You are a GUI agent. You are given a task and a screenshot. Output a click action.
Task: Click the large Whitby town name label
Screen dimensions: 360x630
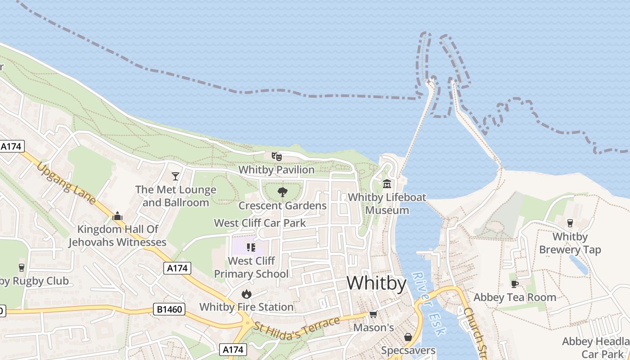click(x=376, y=283)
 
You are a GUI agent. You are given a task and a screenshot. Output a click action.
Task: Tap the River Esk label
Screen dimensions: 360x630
click(x=429, y=304)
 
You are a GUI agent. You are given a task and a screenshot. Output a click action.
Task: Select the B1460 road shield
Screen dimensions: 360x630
click(x=170, y=309)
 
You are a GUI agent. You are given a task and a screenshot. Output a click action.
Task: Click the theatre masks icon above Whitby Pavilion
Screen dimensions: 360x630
click(x=276, y=157)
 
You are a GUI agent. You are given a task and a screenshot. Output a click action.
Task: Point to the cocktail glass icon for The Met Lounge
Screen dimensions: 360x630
click(x=175, y=176)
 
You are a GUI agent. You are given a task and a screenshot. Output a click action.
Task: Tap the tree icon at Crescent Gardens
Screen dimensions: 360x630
click(x=283, y=193)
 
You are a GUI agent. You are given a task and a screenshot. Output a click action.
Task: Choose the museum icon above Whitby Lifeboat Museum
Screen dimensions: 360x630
click(x=387, y=184)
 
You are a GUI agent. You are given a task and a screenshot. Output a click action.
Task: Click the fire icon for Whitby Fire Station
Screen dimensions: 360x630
click(x=246, y=294)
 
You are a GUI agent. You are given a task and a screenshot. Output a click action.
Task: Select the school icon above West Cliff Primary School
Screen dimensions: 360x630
click(x=251, y=247)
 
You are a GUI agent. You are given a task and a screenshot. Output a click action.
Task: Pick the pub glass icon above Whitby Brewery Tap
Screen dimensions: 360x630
click(x=570, y=223)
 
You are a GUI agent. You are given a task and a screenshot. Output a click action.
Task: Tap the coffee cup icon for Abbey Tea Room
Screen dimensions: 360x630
click(x=514, y=284)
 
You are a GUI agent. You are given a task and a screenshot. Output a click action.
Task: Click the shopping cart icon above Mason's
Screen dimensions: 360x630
click(x=373, y=314)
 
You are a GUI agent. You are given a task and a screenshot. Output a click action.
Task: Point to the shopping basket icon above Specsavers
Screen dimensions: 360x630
click(x=408, y=337)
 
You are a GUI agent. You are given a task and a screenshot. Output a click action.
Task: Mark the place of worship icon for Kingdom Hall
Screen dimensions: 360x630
click(x=117, y=216)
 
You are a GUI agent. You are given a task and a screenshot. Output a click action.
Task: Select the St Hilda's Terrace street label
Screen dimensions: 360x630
click(x=297, y=325)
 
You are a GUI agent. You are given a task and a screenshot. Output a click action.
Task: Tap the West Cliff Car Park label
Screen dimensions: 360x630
click(x=260, y=223)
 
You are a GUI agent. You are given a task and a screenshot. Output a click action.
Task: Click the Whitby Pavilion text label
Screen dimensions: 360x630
click(x=276, y=170)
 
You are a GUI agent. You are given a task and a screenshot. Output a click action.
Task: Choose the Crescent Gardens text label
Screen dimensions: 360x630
click(x=283, y=206)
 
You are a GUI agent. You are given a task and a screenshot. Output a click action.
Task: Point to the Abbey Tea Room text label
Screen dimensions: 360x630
click(x=515, y=297)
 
